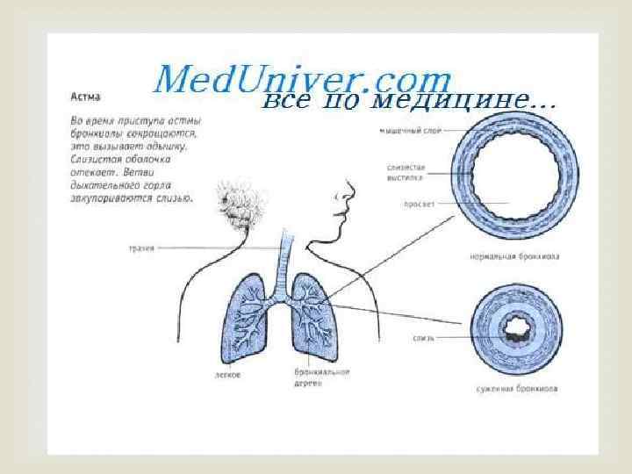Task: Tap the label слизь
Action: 422,337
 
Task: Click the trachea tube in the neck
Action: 284,259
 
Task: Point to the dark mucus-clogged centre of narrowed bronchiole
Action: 510,331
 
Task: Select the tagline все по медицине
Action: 409,102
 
